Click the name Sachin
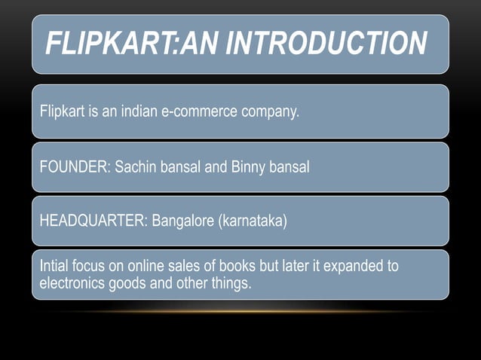136,167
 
